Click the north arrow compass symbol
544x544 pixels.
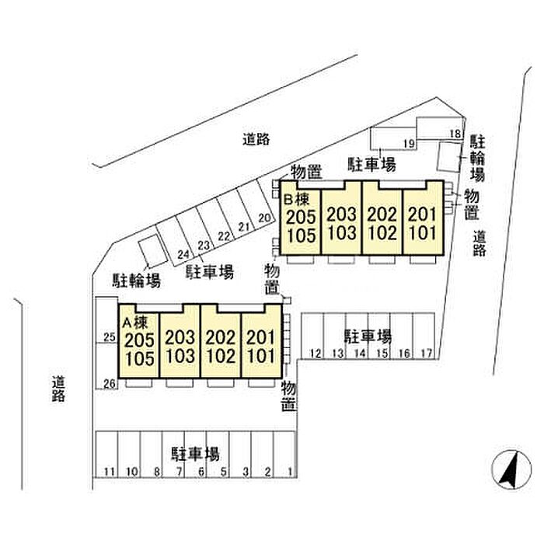[511, 469]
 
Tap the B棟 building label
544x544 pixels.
[297, 200]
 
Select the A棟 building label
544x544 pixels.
[135, 323]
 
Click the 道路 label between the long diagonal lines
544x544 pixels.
[256, 139]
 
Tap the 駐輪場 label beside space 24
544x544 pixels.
[137, 281]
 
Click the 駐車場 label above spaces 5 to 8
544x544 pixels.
[195, 454]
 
